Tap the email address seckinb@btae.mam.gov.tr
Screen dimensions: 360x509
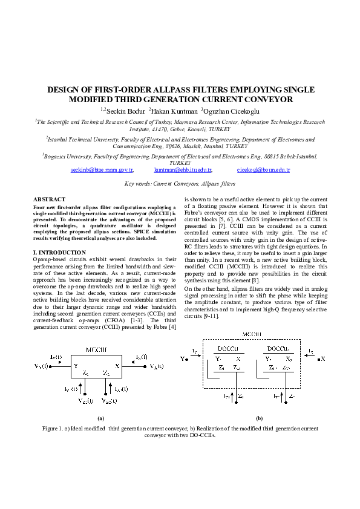101,171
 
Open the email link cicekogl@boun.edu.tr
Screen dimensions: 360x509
263,171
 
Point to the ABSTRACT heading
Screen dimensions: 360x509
49,199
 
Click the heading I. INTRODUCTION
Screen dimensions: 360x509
59,252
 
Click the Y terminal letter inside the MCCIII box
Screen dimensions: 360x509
76,366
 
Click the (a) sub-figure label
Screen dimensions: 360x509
101,418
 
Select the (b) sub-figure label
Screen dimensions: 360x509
259,418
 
